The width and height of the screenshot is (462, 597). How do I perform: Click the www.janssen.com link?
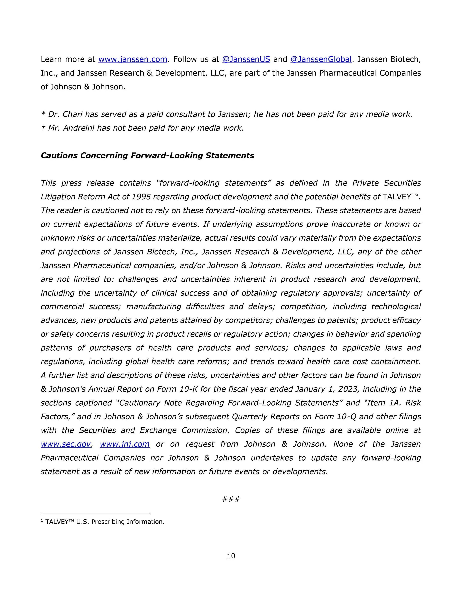(133, 59)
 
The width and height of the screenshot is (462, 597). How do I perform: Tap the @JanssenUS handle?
(246, 59)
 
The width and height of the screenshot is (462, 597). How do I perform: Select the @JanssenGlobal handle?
(321, 59)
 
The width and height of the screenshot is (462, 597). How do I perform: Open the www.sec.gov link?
(66, 444)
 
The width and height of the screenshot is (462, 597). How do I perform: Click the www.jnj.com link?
(125, 444)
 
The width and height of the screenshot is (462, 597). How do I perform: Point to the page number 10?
(231, 556)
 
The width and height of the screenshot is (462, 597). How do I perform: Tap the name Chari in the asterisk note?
(72, 114)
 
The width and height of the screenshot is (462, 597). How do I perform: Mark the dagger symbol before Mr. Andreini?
(43, 128)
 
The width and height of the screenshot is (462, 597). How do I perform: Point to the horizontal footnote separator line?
(95, 514)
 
